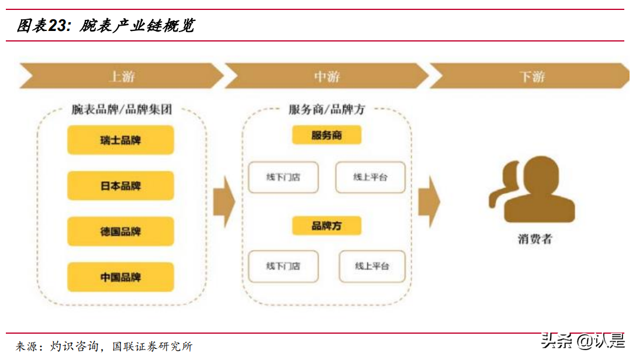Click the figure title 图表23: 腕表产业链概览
pyautogui.click(x=105, y=26)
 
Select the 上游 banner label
pyautogui.click(x=122, y=77)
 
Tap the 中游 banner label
pyautogui.click(x=327, y=77)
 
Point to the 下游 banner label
pyautogui.click(x=532, y=77)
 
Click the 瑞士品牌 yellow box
pyautogui.click(x=120, y=140)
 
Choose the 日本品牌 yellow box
pyautogui.click(x=120, y=186)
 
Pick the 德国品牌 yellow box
pyautogui.click(x=120, y=231)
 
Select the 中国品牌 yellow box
pyautogui.click(x=120, y=277)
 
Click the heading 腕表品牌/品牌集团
pyautogui.click(x=122, y=109)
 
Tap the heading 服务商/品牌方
pyautogui.click(x=327, y=109)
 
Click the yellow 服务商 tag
pyautogui.click(x=327, y=136)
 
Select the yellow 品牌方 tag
pyautogui.click(x=327, y=226)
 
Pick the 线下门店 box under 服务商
pyautogui.click(x=284, y=177)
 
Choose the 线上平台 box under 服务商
pyautogui.click(x=370, y=177)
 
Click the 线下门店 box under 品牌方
pyautogui.click(x=284, y=266)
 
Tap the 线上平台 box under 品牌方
pyautogui.click(x=372, y=266)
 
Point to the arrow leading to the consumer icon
pyautogui.click(x=428, y=201)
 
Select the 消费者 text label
pyautogui.click(x=534, y=238)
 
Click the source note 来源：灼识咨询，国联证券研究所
pyautogui.click(x=104, y=347)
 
